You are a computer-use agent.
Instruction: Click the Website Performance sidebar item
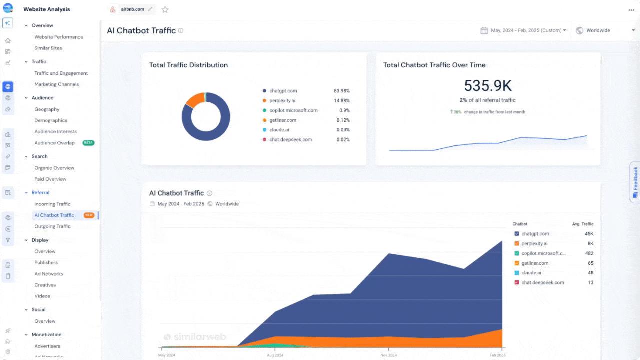coord(58,37)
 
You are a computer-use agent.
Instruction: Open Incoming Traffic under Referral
coord(52,204)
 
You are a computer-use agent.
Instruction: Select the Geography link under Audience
coord(47,109)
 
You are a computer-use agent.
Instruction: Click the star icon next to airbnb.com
coord(165,9)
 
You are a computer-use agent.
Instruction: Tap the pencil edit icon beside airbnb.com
coord(150,9)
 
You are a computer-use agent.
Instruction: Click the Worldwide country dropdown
coord(605,30)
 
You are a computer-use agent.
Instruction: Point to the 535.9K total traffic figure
coord(488,86)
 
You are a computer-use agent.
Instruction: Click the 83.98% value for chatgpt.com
coord(341,91)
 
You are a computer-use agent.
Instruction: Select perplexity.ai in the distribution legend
coord(282,101)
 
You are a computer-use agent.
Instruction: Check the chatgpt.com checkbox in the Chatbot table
coord(517,234)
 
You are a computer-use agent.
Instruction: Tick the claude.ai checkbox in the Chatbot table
coord(517,273)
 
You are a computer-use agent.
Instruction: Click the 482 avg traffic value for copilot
coord(589,253)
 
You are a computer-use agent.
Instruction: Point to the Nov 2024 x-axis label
coord(389,355)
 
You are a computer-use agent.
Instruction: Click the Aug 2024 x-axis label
coord(275,355)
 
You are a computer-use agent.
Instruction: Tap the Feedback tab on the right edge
coord(635,182)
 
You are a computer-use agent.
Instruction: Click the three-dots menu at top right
coord(631,9)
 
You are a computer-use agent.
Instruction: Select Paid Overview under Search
coord(50,179)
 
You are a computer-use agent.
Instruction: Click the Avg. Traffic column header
coord(582,224)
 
